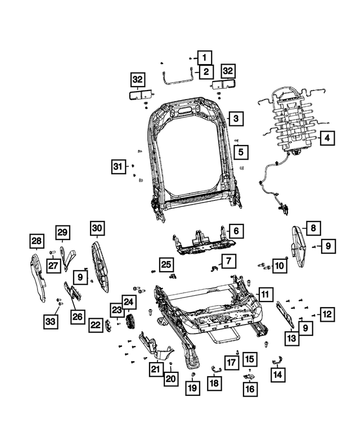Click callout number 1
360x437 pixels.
pyautogui.click(x=205, y=57)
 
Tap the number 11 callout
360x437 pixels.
pyautogui.click(x=264, y=294)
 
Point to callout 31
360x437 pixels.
pyautogui.click(x=118, y=166)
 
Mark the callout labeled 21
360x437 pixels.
pyautogui.click(x=155, y=369)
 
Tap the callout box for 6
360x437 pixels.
pyautogui.click(x=236, y=231)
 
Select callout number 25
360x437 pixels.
pyautogui.click(x=165, y=264)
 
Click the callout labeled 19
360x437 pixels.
pyautogui.click(x=192, y=388)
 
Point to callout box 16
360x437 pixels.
pyautogui.click(x=249, y=388)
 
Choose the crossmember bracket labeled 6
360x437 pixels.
pyautogui.click(x=202, y=241)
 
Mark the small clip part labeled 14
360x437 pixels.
pyautogui.click(x=277, y=360)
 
